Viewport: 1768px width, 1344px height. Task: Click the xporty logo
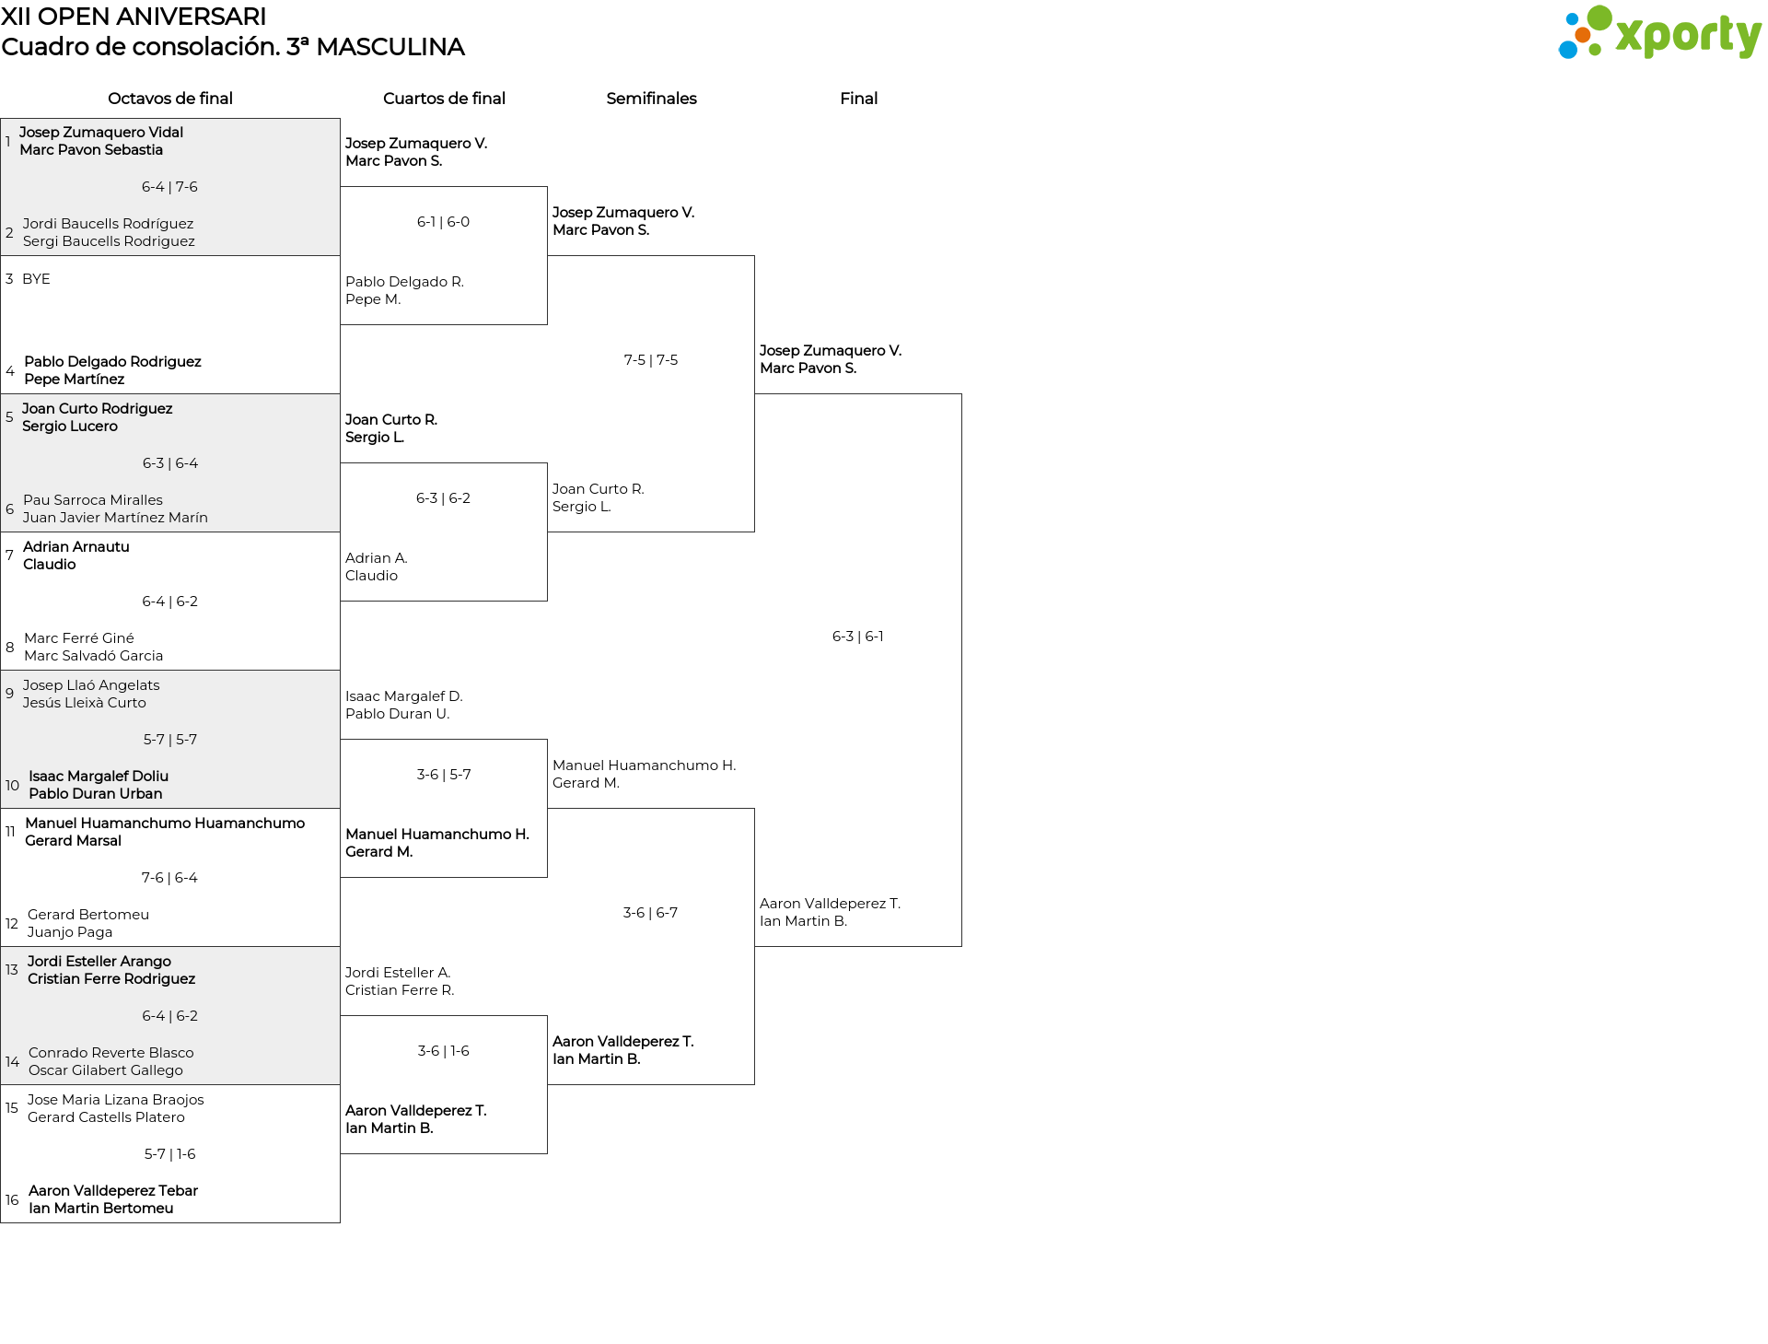tap(1659, 33)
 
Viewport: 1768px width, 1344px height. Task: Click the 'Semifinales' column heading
tap(651, 99)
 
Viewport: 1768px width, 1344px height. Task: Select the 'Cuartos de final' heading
tap(444, 99)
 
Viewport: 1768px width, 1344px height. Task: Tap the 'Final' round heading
tap(858, 99)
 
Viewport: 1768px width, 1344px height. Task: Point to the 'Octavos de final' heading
tap(170, 99)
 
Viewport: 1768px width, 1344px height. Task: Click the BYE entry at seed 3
tap(36, 279)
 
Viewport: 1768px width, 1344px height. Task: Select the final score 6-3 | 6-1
tap(858, 637)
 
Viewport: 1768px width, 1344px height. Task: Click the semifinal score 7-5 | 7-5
tap(651, 360)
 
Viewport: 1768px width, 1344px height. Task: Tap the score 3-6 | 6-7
tap(651, 913)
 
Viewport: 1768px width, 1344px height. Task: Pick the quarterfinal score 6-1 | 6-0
tap(444, 222)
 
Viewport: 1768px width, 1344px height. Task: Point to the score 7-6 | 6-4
tap(170, 878)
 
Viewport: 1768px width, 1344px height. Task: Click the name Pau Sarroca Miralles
tap(93, 500)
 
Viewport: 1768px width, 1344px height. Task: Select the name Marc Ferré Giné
tap(79, 638)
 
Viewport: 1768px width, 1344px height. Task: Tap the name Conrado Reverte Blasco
tap(111, 1053)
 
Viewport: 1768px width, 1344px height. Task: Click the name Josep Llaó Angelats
tap(91, 685)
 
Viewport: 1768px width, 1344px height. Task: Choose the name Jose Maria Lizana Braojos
tap(116, 1100)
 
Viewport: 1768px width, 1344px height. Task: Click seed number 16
tap(12, 1200)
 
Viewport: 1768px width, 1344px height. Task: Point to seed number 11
tap(10, 832)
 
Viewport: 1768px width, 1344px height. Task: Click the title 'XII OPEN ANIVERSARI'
tap(134, 17)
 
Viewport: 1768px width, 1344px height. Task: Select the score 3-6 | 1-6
tap(444, 1051)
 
